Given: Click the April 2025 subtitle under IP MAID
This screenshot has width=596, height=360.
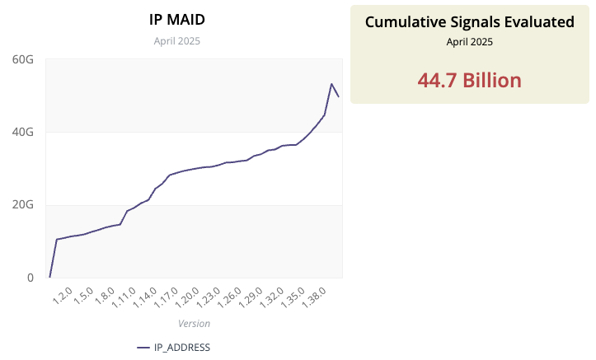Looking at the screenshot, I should [176, 40].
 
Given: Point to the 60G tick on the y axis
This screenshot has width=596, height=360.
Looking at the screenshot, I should [23, 59].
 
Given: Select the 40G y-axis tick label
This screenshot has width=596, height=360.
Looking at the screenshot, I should [23, 132].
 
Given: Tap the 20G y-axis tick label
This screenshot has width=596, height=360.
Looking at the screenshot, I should [23, 204].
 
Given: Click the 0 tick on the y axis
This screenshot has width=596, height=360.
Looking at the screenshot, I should [30, 278].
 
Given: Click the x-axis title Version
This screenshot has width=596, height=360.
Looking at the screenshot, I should [194, 324].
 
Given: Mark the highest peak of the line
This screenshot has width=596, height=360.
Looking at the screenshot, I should [331, 84].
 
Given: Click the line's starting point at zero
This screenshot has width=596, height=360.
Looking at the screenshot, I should [49, 277].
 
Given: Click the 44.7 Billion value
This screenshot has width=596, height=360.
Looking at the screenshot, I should [469, 80].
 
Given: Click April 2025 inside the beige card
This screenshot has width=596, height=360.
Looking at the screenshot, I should [469, 41].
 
